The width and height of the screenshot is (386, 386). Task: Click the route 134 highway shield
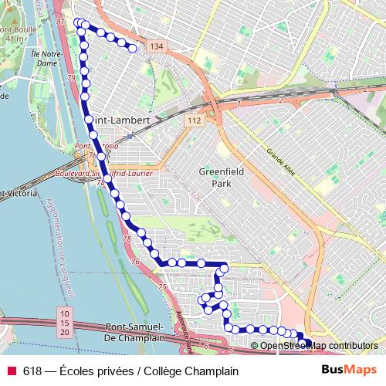click(157, 48)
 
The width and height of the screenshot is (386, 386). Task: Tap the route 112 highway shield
click(193, 120)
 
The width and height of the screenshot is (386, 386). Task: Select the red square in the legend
click(12, 371)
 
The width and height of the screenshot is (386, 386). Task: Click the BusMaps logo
click(349, 371)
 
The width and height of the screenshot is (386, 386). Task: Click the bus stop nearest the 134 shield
click(132, 49)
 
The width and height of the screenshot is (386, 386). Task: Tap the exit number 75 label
click(162, 287)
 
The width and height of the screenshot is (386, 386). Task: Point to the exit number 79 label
click(71, 79)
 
